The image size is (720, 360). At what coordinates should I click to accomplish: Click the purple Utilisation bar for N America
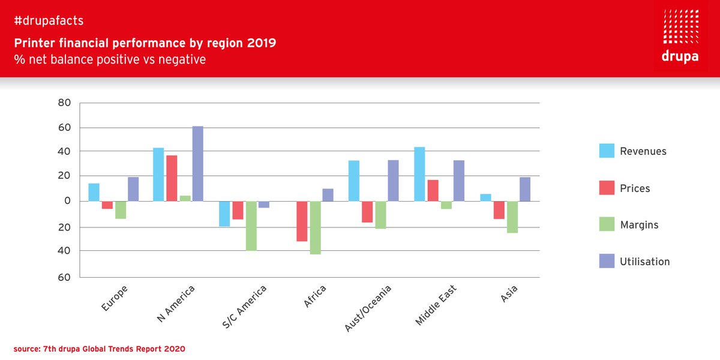pyautogui.click(x=197, y=163)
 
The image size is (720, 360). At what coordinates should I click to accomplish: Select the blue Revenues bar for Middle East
pyautogui.click(x=419, y=174)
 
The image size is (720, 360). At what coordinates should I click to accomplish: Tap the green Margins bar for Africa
pyautogui.click(x=315, y=227)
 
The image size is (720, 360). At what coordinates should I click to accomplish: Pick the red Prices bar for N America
pyautogui.click(x=172, y=178)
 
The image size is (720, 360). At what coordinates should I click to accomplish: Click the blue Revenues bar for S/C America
pyautogui.click(x=224, y=214)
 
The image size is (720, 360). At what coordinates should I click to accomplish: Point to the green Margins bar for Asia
pyautogui.click(x=512, y=217)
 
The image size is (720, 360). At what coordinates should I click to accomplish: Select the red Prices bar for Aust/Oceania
pyautogui.click(x=367, y=212)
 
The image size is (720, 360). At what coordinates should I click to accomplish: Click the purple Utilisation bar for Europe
pyautogui.click(x=133, y=189)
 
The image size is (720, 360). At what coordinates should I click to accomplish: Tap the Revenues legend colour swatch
pyautogui.click(x=607, y=151)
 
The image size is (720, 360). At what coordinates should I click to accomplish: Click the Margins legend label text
pyautogui.click(x=639, y=225)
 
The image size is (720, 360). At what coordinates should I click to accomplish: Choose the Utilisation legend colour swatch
pyautogui.click(x=607, y=262)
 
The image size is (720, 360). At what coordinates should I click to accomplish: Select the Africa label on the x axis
pyautogui.click(x=315, y=297)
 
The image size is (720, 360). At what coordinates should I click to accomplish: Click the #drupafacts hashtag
pyautogui.click(x=48, y=21)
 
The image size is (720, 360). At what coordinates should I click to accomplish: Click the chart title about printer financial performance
pyautogui.click(x=145, y=44)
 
